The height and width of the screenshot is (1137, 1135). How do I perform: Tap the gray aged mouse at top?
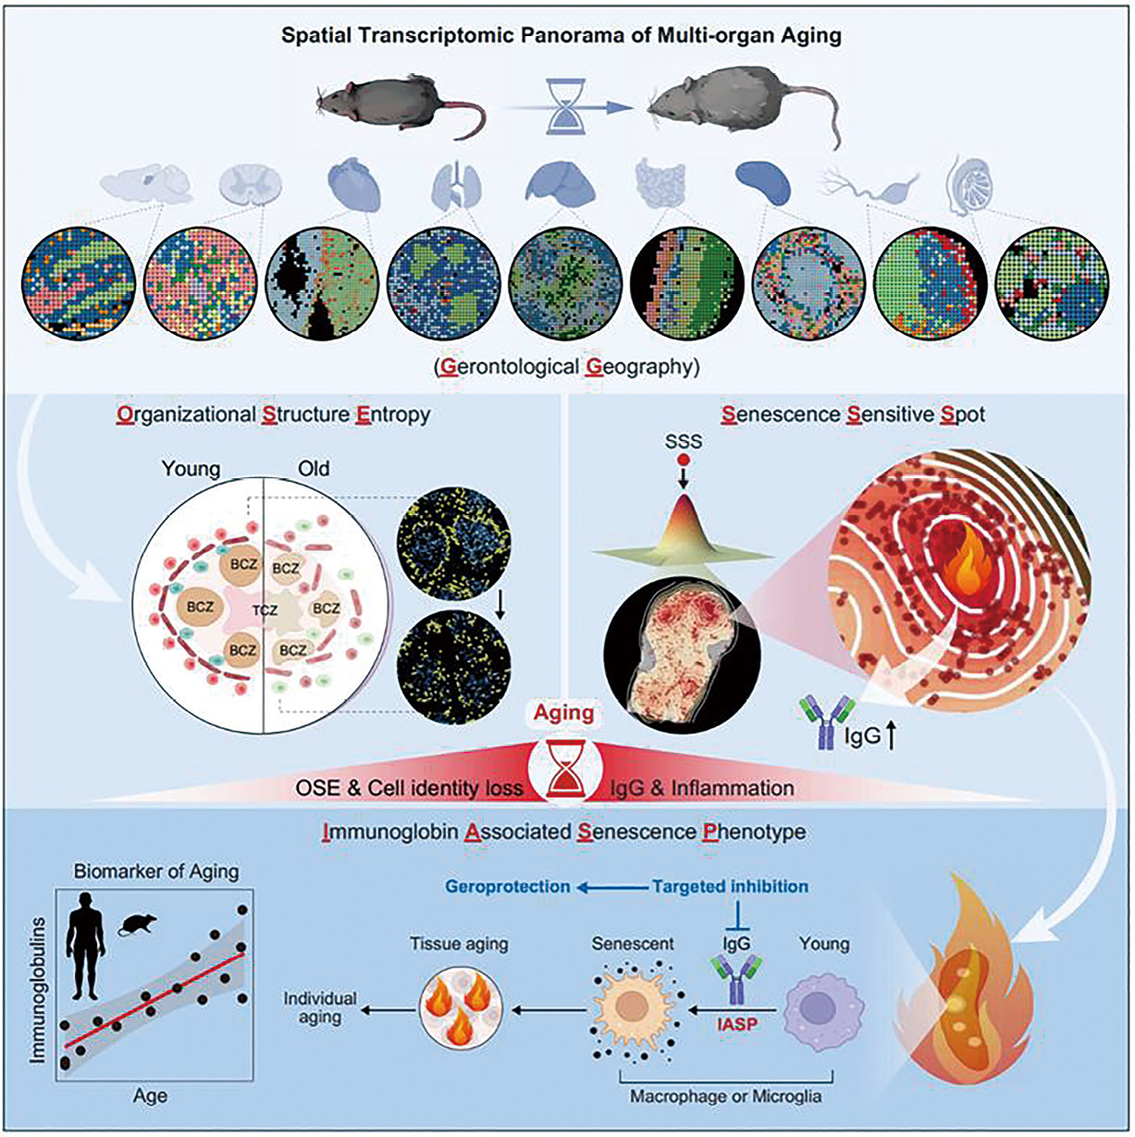click(x=740, y=106)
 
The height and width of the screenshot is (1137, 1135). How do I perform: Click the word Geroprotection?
click(x=508, y=886)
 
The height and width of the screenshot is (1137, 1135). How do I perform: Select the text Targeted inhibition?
click(x=730, y=886)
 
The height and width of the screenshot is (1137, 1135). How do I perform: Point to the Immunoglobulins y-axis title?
click(x=39, y=985)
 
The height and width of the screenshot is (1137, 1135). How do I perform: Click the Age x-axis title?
click(x=150, y=1096)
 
